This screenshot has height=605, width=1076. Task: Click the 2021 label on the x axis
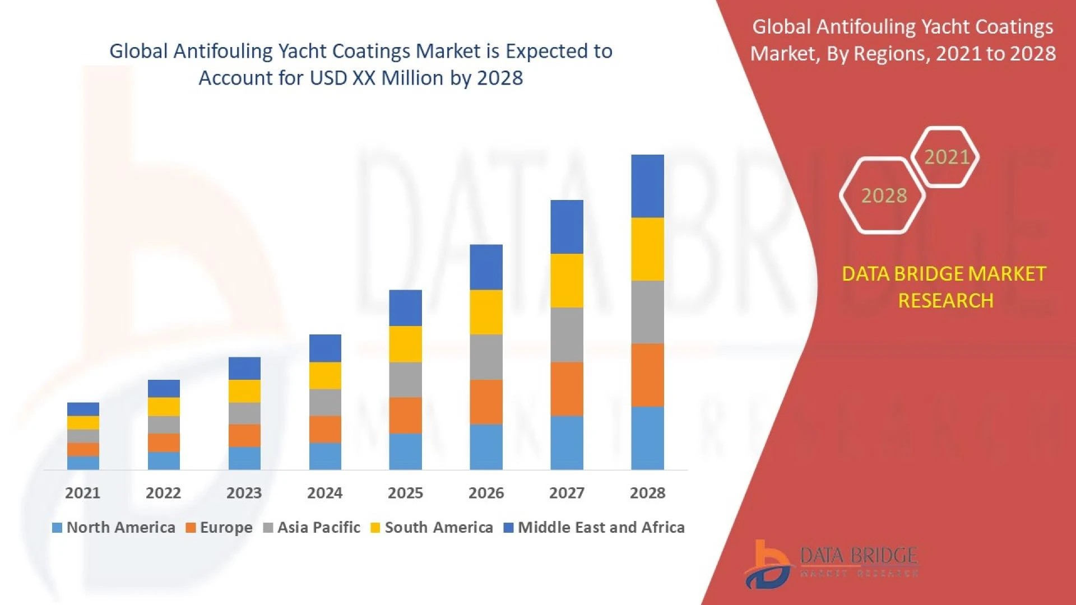82,493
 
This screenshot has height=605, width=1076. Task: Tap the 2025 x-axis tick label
405,493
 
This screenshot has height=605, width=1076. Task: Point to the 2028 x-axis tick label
647,493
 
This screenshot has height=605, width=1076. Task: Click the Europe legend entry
219,528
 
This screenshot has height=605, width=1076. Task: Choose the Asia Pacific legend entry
312,528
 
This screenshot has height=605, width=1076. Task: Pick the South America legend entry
432,528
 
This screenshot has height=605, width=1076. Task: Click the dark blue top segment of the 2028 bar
647,186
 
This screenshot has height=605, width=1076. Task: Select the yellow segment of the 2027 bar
567,281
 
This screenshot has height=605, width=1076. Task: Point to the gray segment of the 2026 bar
486,357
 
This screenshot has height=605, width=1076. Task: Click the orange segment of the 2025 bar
405,416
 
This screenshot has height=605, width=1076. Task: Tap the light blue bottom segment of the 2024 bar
325,456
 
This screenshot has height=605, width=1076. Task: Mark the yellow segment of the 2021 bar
83,422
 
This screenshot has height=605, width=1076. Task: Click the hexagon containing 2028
883,196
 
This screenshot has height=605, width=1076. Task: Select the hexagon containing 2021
946,157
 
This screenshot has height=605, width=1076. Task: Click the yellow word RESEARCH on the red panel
945,301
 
